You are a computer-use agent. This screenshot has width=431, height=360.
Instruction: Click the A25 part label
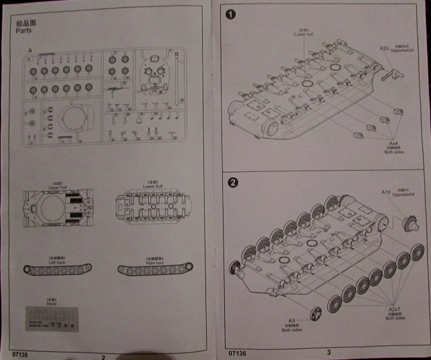coord(384,49)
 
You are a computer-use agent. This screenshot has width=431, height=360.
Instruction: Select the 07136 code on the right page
coord(236,353)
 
